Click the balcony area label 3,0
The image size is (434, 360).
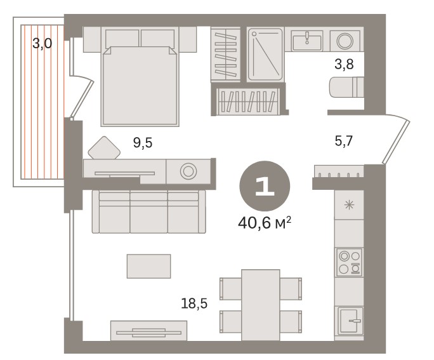point(43,43)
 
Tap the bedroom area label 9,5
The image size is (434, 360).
point(143,143)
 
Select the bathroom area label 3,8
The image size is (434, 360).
point(344,65)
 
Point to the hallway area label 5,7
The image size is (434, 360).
point(343,141)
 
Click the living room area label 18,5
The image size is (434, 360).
point(194,303)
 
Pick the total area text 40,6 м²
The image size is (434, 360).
point(265,223)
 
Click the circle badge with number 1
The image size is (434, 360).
point(265,186)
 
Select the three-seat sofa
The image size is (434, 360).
point(149,211)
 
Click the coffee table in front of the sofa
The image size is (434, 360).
point(149,266)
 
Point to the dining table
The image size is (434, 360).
point(260,305)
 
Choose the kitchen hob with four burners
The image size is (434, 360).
point(350,262)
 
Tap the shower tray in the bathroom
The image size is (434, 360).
point(265,54)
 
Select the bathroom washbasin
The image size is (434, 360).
point(307,41)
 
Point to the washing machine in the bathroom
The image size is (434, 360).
point(345,41)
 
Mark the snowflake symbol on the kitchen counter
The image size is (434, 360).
point(350,205)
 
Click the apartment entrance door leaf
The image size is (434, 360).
point(396,142)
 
